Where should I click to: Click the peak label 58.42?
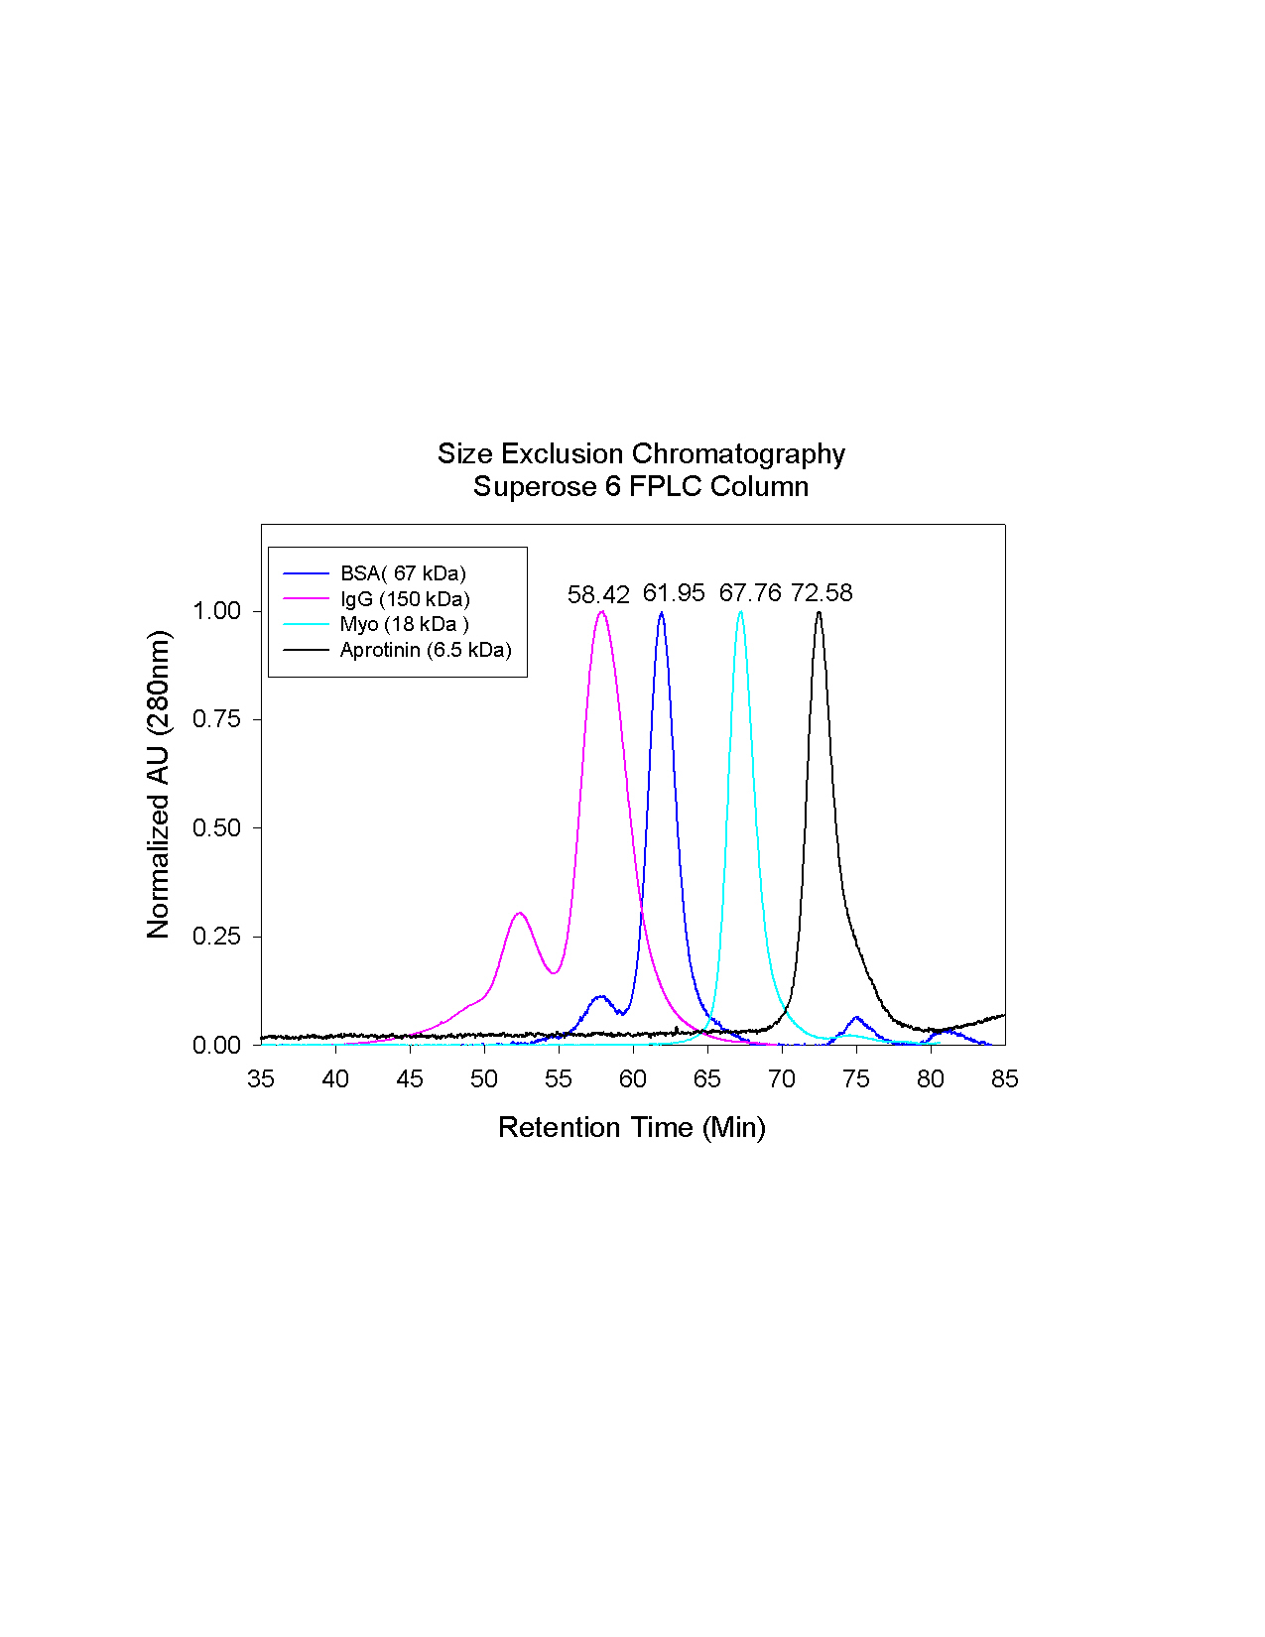(598, 595)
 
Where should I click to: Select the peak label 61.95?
(674, 593)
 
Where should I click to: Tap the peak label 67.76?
(750, 593)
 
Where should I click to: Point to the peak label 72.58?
(822, 593)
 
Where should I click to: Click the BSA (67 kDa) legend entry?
(403, 573)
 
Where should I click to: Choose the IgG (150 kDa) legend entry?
(405, 599)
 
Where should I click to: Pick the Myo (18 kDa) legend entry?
(404, 624)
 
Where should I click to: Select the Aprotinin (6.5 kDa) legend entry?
(426, 650)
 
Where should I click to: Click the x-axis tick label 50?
(484, 1079)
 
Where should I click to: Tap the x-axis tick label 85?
(1004, 1079)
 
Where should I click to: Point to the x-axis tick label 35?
(261, 1079)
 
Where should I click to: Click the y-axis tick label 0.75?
(216, 719)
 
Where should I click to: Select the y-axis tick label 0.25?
(216, 937)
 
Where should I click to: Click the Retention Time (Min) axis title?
(632, 1127)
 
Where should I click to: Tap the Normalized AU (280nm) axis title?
(159, 784)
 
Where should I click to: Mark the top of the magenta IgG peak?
(601, 612)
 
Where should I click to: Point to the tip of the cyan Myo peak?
(740, 612)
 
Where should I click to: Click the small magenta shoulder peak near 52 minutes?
(519, 913)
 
